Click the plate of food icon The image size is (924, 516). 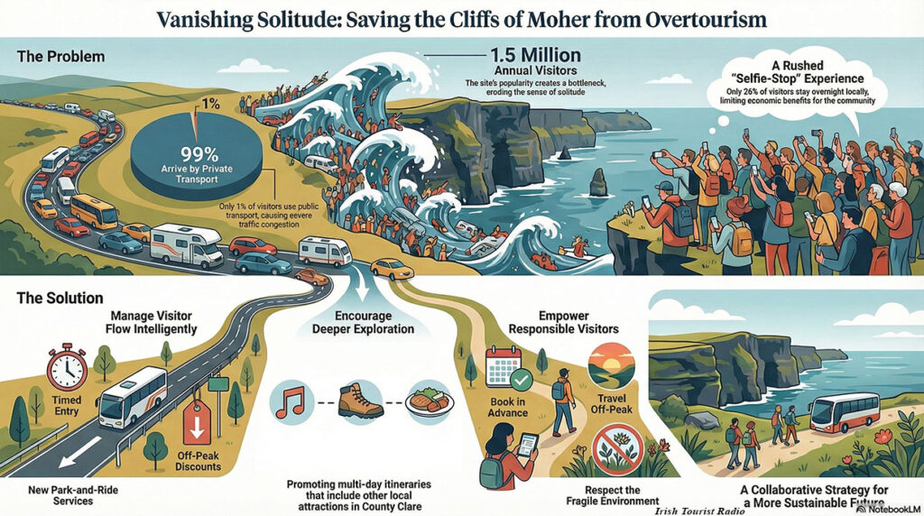tap(430, 401)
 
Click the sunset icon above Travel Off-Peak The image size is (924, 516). tap(612, 365)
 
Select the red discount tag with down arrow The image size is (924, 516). tap(197, 423)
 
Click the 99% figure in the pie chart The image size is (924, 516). tap(199, 154)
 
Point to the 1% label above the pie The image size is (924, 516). tap(210, 105)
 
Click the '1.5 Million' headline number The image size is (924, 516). tap(536, 55)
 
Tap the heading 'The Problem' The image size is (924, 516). tap(60, 57)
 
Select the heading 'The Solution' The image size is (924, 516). tap(60, 298)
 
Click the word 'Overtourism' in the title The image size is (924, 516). tap(706, 19)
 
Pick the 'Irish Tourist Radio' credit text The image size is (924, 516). tap(699, 511)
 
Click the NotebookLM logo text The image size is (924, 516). tap(888, 509)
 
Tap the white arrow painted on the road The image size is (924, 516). tap(80, 452)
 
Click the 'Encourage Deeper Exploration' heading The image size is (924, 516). tap(363, 322)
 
